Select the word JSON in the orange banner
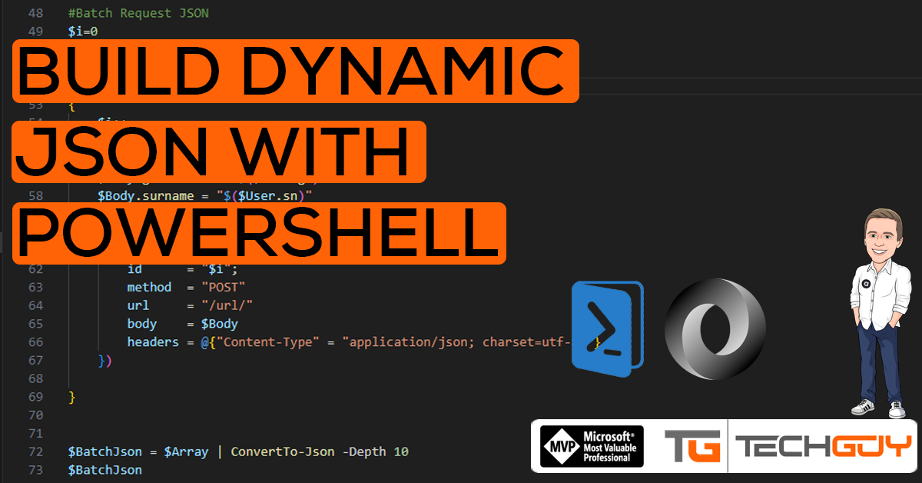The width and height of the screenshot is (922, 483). tap(111, 152)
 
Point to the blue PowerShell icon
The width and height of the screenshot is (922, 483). tap(607, 328)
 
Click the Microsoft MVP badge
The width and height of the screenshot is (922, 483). tap(592, 446)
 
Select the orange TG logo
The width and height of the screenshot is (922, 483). tap(692, 446)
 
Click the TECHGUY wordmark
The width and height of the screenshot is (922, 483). tap(823, 446)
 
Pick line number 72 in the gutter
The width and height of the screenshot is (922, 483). tap(35, 451)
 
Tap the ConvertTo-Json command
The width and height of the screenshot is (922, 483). tap(283, 451)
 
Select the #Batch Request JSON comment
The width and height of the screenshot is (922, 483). tap(138, 13)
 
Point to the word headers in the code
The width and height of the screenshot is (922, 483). tap(153, 342)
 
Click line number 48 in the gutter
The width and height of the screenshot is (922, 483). tap(35, 13)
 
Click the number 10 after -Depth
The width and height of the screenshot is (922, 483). tap(401, 451)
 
